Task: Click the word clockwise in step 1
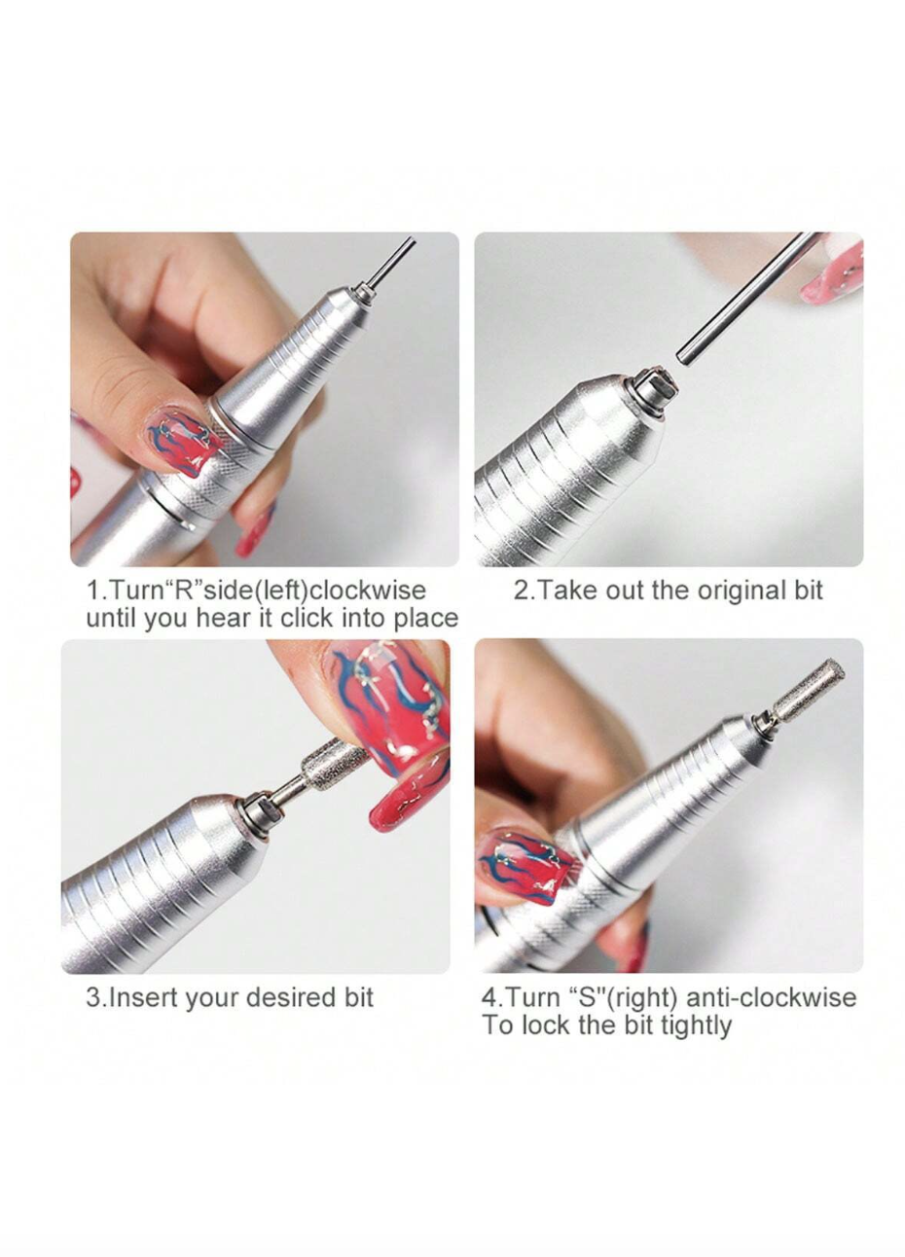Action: coord(368,591)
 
